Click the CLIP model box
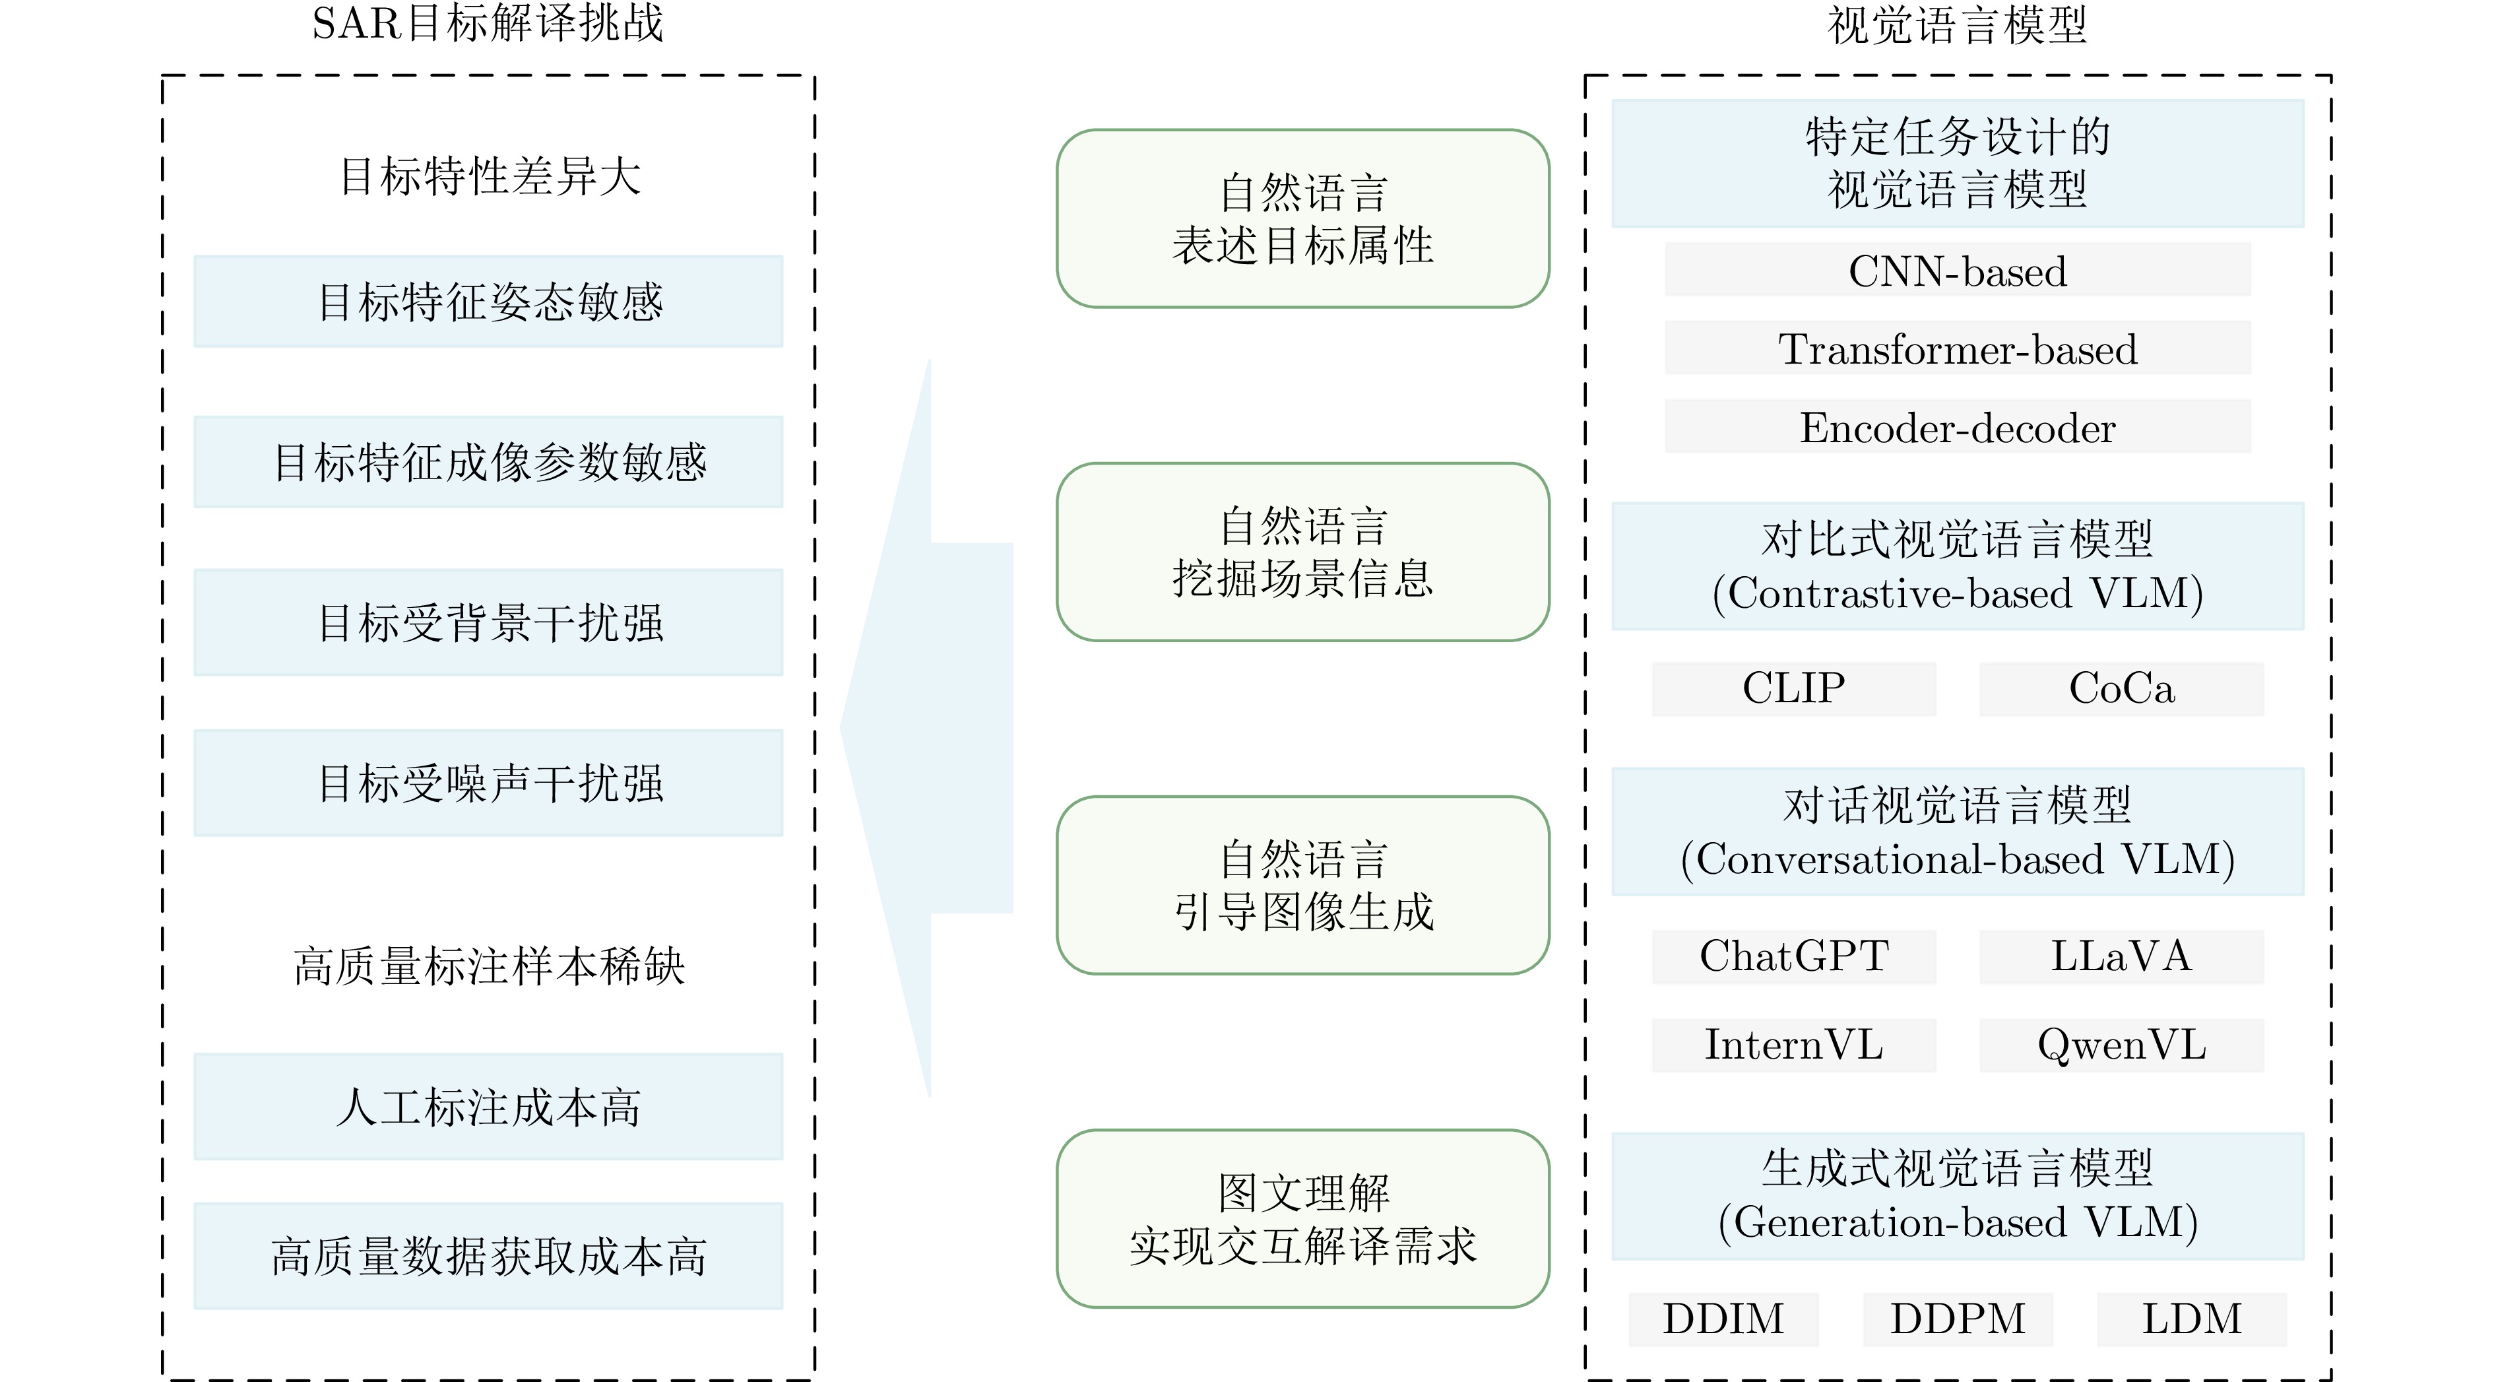point(1793,688)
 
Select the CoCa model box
point(2121,688)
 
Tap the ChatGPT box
point(1793,956)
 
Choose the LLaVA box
point(2121,956)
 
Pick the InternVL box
point(1793,1044)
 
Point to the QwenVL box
point(2121,1044)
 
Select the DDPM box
point(1957,1318)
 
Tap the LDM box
point(2191,1318)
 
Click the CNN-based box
point(1957,269)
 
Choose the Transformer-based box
point(1957,348)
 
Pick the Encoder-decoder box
point(1957,426)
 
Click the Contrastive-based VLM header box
point(1957,566)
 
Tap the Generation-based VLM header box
point(1957,1195)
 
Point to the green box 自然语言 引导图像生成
point(1302,884)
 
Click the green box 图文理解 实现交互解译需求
point(1302,1218)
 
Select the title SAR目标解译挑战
point(487,23)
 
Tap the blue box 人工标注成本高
point(488,1106)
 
